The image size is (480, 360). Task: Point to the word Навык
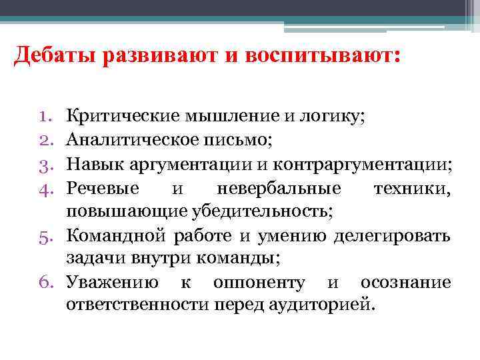click(91, 163)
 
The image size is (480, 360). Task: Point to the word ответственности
click(137, 305)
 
